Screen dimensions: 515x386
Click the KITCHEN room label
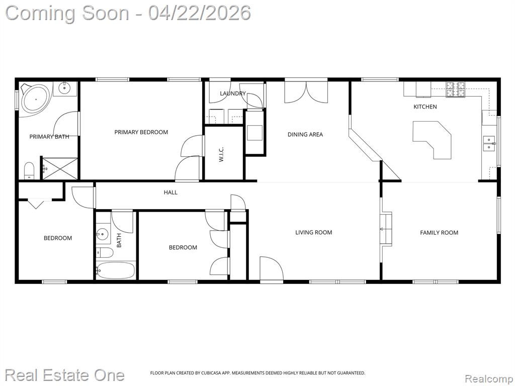coord(425,107)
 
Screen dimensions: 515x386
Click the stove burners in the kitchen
coord(455,89)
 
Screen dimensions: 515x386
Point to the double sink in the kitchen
coord(489,143)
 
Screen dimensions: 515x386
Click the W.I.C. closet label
coord(221,154)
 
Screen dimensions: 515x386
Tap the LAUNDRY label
coord(232,93)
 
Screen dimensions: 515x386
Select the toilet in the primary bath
coord(29,171)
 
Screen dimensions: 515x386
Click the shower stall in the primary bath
coord(60,168)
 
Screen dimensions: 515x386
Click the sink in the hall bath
coord(103,234)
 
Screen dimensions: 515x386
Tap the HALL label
coord(170,192)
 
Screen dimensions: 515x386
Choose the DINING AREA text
coord(305,134)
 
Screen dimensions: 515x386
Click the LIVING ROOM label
coord(314,232)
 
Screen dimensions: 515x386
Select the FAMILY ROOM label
coord(439,233)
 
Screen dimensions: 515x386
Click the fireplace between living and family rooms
coord(386,229)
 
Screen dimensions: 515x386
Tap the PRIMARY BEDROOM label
coord(141,132)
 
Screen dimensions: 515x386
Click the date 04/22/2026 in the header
coord(199,13)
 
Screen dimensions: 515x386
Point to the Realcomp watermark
coord(488,378)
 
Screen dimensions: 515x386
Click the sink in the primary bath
coord(65,87)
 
